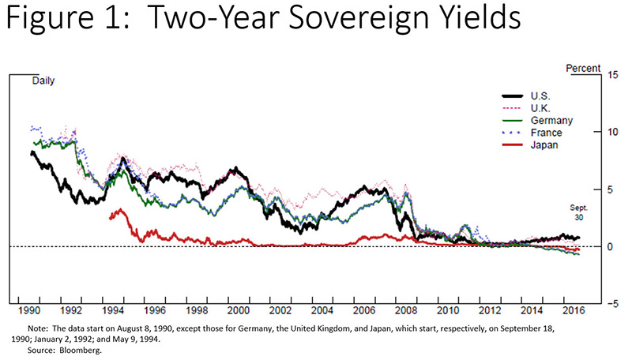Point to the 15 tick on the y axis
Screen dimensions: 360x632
(613, 75)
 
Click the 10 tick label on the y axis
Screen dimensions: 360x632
(613, 132)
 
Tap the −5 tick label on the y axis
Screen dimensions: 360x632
(612, 303)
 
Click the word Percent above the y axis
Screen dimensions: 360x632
(584, 69)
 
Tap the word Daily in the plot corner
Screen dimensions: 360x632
(45, 81)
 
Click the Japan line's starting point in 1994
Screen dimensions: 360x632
(110, 218)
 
